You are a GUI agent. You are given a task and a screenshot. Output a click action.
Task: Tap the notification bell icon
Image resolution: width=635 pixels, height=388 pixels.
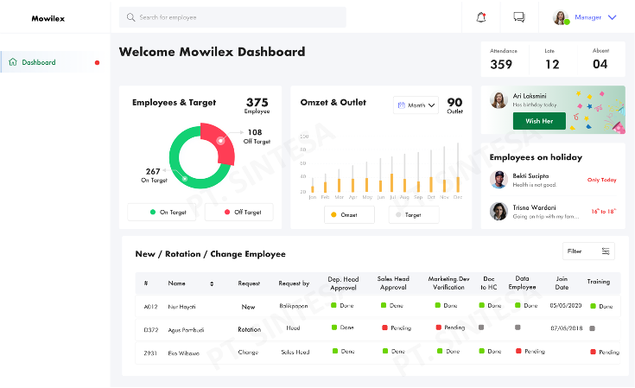coord(481,17)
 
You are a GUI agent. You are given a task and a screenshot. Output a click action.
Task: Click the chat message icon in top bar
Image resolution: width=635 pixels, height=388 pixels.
coord(519,17)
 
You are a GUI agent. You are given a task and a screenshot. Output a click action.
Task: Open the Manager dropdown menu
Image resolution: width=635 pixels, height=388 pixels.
coord(612,17)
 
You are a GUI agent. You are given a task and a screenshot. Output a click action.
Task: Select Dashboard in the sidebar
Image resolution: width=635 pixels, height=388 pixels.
coord(39,62)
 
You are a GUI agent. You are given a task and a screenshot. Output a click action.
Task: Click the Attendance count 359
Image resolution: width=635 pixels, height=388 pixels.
coord(501,64)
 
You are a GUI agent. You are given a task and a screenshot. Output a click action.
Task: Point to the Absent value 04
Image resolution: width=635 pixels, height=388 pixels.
coord(600,64)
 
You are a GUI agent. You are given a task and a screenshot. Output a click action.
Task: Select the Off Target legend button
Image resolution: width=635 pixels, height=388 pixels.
coord(239,212)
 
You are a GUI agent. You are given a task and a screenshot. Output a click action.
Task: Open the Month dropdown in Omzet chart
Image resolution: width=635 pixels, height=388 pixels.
coord(416,105)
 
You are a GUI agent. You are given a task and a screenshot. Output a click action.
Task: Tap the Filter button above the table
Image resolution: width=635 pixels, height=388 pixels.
coord(588,251)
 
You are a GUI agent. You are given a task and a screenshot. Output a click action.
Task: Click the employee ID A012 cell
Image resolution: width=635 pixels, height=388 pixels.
coord(151,306)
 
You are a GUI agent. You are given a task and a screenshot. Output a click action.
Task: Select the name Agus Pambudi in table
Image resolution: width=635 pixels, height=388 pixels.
coord(185,329)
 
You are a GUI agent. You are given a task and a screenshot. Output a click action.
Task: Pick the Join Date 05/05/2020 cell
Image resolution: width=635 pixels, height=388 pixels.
coord(566,306)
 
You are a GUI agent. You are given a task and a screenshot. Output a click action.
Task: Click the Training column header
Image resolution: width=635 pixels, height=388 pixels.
coord(598,282)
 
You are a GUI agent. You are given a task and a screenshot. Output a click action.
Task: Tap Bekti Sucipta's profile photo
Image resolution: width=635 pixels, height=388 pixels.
coord(498,180)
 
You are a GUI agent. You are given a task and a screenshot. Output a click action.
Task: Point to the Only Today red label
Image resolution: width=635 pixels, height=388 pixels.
coord(601,180)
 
